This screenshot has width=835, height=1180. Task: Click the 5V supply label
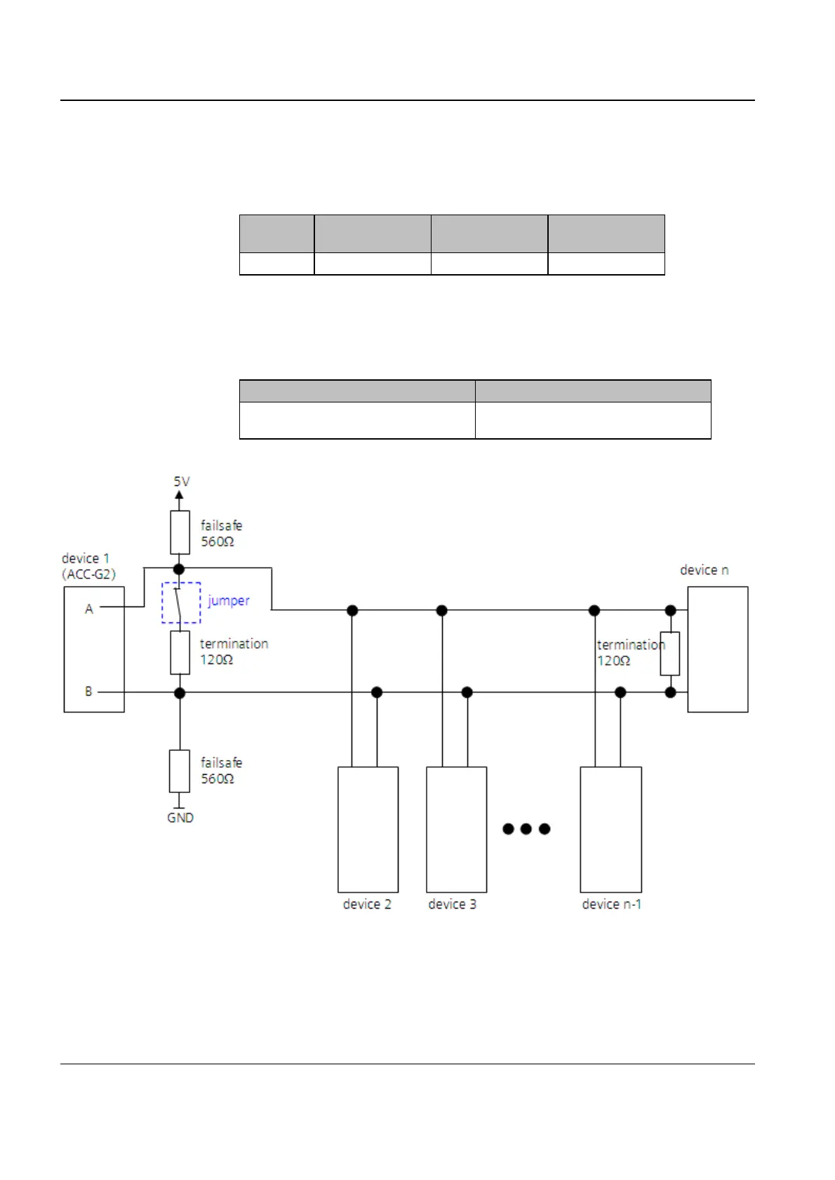pos(182,482)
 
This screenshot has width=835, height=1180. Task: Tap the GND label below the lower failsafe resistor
pos(180,818)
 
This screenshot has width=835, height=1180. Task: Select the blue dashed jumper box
pos(181,602)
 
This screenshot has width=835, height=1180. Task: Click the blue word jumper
pos(229,601)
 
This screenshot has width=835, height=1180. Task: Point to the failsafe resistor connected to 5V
pos(180,532)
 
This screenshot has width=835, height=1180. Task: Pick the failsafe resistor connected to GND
pos(180,771)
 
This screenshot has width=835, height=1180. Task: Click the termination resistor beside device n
pos(670,653)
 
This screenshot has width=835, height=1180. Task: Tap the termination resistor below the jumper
pos(180,652)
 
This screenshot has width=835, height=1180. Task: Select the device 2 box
pos(368,829)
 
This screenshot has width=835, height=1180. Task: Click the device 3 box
pos(456,829)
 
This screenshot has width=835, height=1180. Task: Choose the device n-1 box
pos(610,829)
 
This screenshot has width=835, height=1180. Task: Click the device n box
pos(717,649)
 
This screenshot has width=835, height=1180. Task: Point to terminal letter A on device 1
pos(89,609)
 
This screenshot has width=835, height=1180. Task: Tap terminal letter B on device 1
pos(88,691)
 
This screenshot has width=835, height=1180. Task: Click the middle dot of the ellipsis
pos(526,829)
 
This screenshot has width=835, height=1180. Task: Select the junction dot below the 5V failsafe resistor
pos(179,569)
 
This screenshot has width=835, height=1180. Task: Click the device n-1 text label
pos(611,904)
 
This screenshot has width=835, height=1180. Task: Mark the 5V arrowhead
pos(179,496)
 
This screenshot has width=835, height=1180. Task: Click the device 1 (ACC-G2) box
pos(94,649)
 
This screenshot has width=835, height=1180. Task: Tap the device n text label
pos(704,570)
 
